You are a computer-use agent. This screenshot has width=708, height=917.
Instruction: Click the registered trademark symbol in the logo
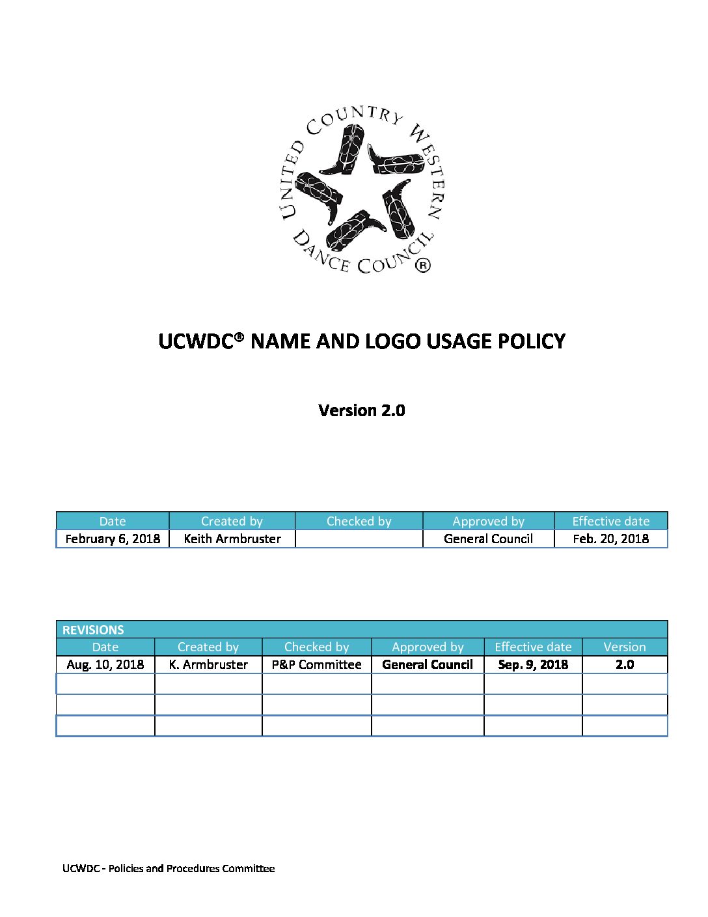pyautogui.click(x=423, y=265)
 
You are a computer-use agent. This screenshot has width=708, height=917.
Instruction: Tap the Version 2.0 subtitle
pyautogui.click(x=362, y=410)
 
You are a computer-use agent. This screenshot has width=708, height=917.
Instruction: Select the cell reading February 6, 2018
pyautogui.click(x=113, y=539)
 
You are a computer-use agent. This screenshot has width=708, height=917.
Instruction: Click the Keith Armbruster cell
pyautogui.click(x=232, y=539)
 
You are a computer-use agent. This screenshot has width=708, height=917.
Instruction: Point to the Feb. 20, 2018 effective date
pyautogui.click(x=610, y=539)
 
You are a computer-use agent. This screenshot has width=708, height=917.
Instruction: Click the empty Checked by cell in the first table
pyautogui.click(x=359, y=539)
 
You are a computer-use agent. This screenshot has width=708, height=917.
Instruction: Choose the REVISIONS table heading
pyautogui.click(x=93, y=630)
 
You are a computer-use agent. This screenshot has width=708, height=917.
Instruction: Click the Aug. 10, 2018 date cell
pyautogui.click(x=105, y=664)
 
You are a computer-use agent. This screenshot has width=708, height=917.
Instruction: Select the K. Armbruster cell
pyautogui.click(x=208, y=664)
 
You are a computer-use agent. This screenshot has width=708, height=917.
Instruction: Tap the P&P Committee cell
pyautogui.click(x=316, y=664)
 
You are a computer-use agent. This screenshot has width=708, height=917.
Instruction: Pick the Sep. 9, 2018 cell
pyautogui.click(x=533, y=664)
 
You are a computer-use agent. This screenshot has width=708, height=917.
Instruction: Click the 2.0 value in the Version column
pyautogui.click(x=625, y=664)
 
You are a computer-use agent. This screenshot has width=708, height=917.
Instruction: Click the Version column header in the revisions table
pyautogui.click(x=625, y=647)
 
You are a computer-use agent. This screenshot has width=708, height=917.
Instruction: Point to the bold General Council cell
pyautogui.click(x=428, y=664)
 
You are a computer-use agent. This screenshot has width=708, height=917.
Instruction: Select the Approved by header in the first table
pyautogui.click(x=488, y=521)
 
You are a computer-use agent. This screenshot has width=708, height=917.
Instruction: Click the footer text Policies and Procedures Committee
pyautogui.click(x=191, y=868)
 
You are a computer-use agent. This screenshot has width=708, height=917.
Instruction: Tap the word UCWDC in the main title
pyautogui.click(x=196, y=341)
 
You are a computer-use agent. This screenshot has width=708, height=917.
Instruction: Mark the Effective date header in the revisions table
pyautogui.click(x=533, y=647)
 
